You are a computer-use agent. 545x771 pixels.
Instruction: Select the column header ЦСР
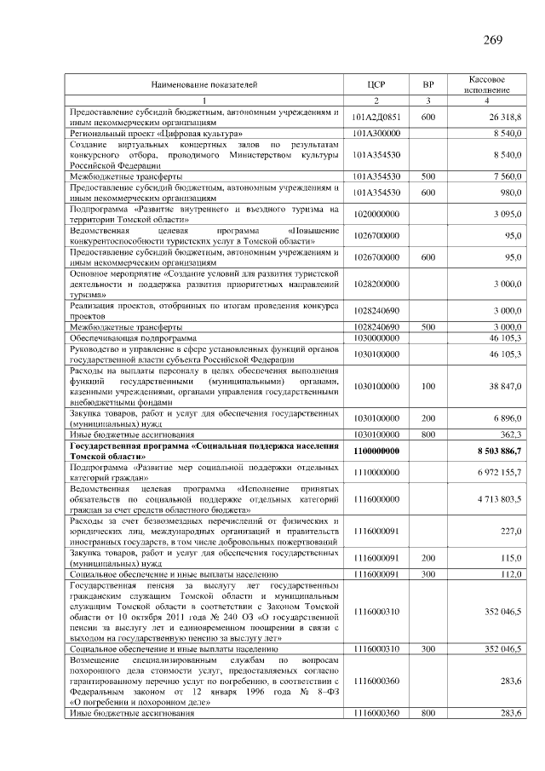coord(376,83)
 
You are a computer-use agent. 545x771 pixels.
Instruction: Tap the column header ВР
coord(428,83)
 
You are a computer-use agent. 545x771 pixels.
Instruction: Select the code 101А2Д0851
coord(376,117)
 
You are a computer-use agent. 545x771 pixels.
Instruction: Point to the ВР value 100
coord(428,386)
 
